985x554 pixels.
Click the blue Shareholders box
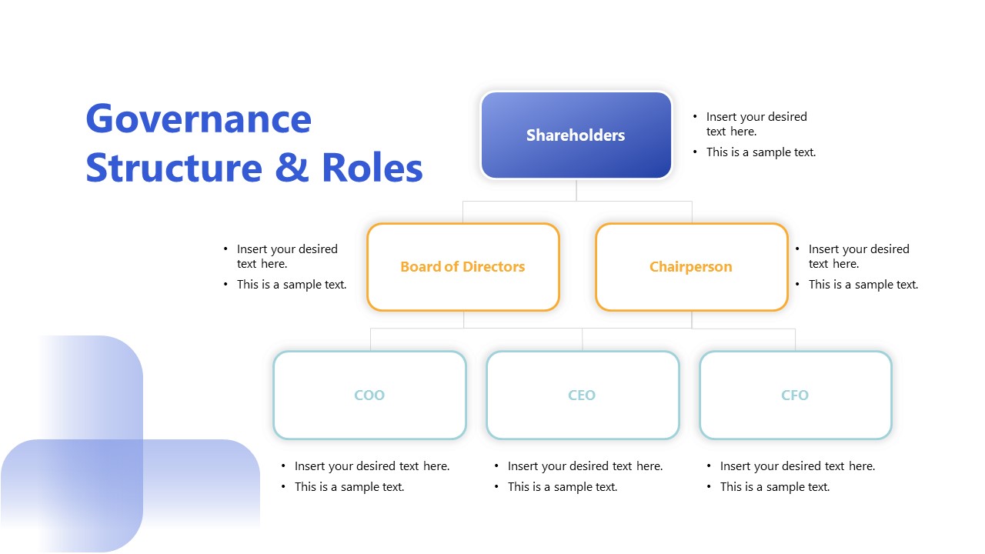576,135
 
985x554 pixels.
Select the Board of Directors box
462,267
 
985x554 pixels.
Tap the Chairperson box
691,267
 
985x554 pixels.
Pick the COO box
369,395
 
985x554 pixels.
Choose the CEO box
583,395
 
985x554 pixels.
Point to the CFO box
795,395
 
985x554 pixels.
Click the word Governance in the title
199,119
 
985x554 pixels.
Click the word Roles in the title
372,168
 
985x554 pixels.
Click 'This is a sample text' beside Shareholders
761,152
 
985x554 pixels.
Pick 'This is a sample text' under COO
349,487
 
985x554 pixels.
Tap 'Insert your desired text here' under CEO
585,466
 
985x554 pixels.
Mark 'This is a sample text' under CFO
775,487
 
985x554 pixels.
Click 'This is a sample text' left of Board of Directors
292,285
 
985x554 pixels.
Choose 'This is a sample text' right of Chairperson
863,285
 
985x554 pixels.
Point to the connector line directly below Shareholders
576,190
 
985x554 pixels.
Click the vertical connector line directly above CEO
583,339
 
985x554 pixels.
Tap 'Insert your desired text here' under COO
372,466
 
